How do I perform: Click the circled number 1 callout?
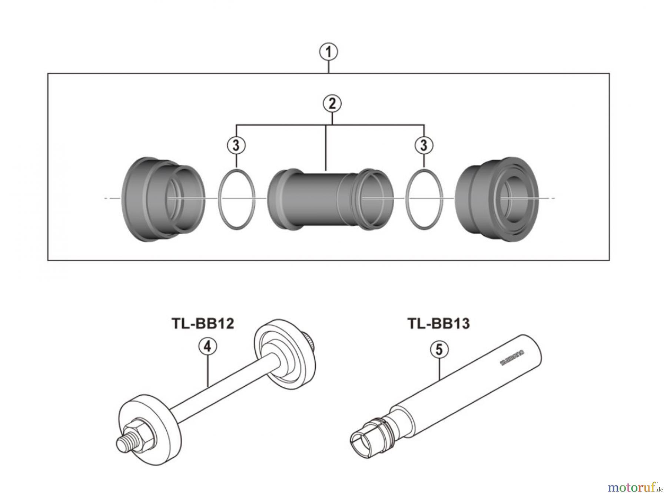pyautogui.click(x=328, y=52)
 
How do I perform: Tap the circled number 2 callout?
pyautogui.click(x=332, y=104)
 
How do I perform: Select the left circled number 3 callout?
pyautogui.click(x=236, y=145)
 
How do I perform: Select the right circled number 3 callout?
pyautogui.click(x=424, y=145)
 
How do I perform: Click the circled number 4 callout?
pyautogui.click(x=207, y=347)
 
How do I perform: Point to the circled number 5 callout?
pyautogui.click(x=439, y=350)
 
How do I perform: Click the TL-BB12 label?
pyautogui.click(x=203, y=324)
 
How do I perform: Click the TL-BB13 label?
pyautogui.click(x=438, y=324)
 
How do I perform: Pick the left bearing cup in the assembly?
pyautogui.click(x=163, y=199)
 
